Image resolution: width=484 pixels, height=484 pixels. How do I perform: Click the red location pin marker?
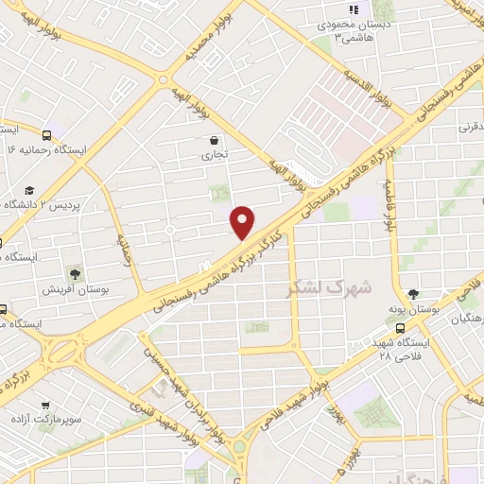coord(243,222)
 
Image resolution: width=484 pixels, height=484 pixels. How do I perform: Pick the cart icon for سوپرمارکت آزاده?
coord(43,402)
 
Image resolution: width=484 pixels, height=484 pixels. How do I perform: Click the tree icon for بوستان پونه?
coord(413,293)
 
